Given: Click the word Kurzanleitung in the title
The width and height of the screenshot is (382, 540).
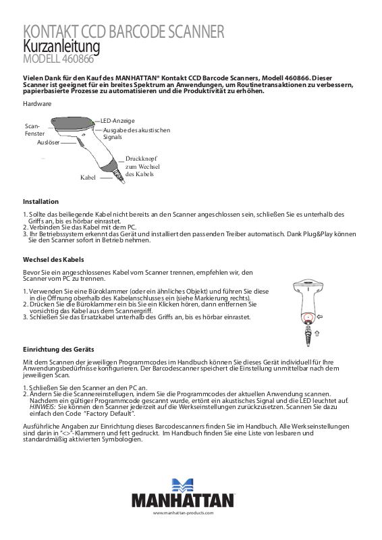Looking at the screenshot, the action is [x=61, y=47].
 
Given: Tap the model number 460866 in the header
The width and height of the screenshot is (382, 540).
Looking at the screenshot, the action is [x=78, y=59].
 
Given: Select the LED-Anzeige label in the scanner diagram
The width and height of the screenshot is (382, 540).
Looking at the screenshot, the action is [x=117, y=121].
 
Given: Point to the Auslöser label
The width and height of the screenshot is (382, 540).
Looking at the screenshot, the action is [x=48, y=142].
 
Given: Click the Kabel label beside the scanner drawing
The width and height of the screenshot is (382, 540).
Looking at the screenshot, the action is [x=88, y=178].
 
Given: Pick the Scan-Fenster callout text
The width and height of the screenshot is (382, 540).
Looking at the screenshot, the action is [x=35, y=130].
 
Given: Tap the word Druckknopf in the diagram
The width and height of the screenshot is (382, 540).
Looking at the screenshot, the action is [x=141, y=159].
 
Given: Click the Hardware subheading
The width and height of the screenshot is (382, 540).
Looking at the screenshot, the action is [x=37, y=104].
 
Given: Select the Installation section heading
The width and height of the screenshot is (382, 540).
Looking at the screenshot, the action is [x=40, y=201].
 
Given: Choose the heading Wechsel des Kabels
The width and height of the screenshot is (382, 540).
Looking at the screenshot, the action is [x=53, y=260].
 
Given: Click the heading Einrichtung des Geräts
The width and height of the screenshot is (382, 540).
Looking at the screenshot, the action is [x=59, y=349].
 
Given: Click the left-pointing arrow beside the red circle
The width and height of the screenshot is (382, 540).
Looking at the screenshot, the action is [x=320, y=317].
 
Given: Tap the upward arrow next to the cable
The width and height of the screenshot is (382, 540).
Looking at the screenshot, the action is [x=317, y=333].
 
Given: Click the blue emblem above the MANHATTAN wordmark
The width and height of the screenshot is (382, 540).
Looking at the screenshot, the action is [x=182, y=485].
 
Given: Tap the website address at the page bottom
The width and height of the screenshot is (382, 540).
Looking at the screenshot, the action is [x=184, y=513].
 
